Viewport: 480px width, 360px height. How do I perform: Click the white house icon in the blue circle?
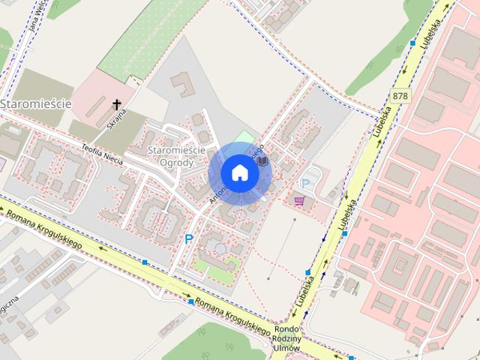click(240, 172)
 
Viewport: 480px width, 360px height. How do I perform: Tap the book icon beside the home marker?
click(262, 160)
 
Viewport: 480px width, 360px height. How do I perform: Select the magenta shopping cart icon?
click(300, 200)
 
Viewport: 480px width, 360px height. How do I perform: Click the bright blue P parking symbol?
click(189, 239)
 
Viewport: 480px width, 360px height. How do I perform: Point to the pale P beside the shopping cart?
click(305, 182)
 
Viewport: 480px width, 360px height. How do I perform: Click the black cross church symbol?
click(117, 104)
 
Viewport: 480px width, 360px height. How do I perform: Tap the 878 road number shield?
click(400, 96)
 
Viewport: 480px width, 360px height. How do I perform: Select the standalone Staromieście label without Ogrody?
click(35, 103)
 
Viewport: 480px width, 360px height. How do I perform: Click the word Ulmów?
click(288, 349)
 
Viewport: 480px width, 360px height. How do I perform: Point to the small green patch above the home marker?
click(242, 138)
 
